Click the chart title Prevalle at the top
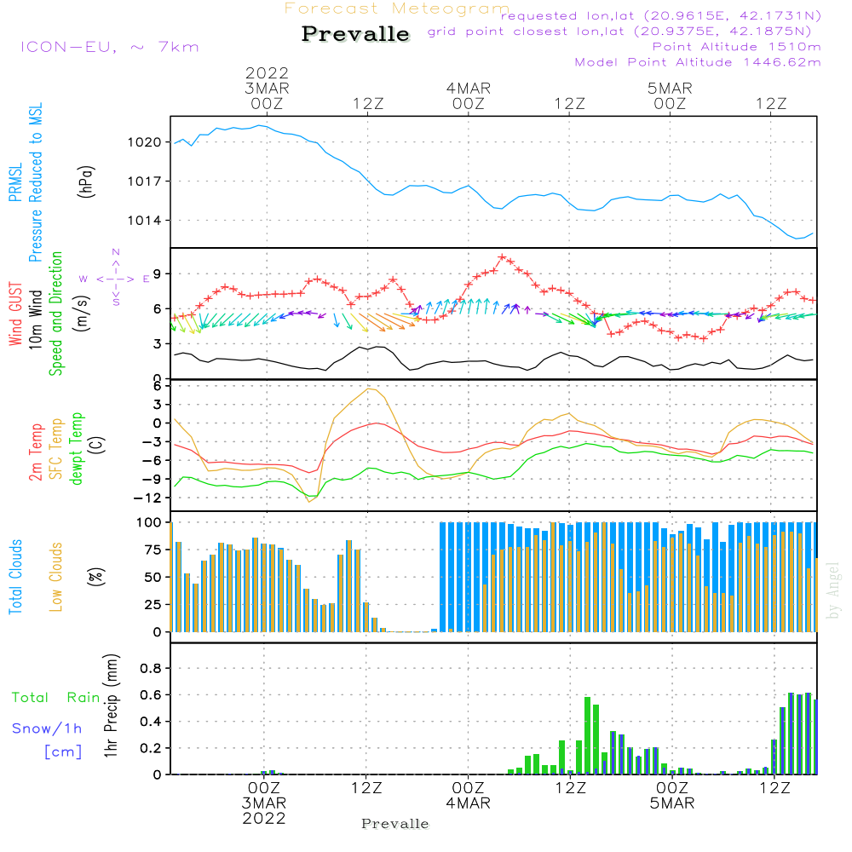tap(355, 34)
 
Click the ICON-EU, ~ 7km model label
tap(109, 47)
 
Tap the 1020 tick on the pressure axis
tap(145, 142)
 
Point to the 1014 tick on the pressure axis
tap(145, 221)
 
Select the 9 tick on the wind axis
tap(156, 273)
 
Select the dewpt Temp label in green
tap(78, 449)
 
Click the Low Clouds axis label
tap(56, 576)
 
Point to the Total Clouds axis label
tap(15, 576)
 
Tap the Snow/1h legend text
tap(47, 729)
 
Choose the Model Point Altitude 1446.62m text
tap(698, 62)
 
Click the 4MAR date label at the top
tap(468, 89)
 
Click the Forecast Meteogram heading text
tap(397, 9)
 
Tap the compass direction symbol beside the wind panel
tap(116, 278)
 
